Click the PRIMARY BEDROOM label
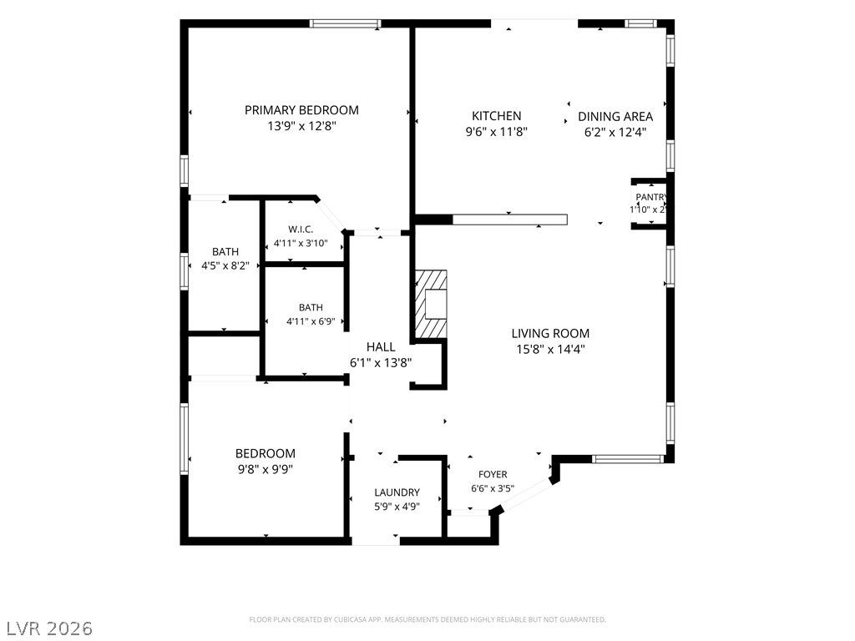(x=301, y=110)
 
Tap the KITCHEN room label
(x=496, y=115)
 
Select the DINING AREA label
(x=615, y=116)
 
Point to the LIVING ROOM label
(x=550, y=333)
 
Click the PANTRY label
(x=651, y=197)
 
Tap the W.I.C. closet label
(x=301, y=230)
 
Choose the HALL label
(x=381, y=346)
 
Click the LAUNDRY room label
(x=397, y=492)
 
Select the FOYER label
(x=493, y=474)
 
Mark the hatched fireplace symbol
(x=432, y=304)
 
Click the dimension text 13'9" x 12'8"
(x=301, y=126)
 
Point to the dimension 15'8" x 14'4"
(x=551, y=349)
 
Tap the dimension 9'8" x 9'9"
(x=266, y=469)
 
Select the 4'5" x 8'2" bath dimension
(x=225, y=266)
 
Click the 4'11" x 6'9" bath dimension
(x=311, y=321)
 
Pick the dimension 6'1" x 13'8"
(x=381, y=362)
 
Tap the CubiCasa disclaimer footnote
(x=427, y=619)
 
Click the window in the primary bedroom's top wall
(x=345, y=23)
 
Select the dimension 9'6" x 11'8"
(x=496, y=131)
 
